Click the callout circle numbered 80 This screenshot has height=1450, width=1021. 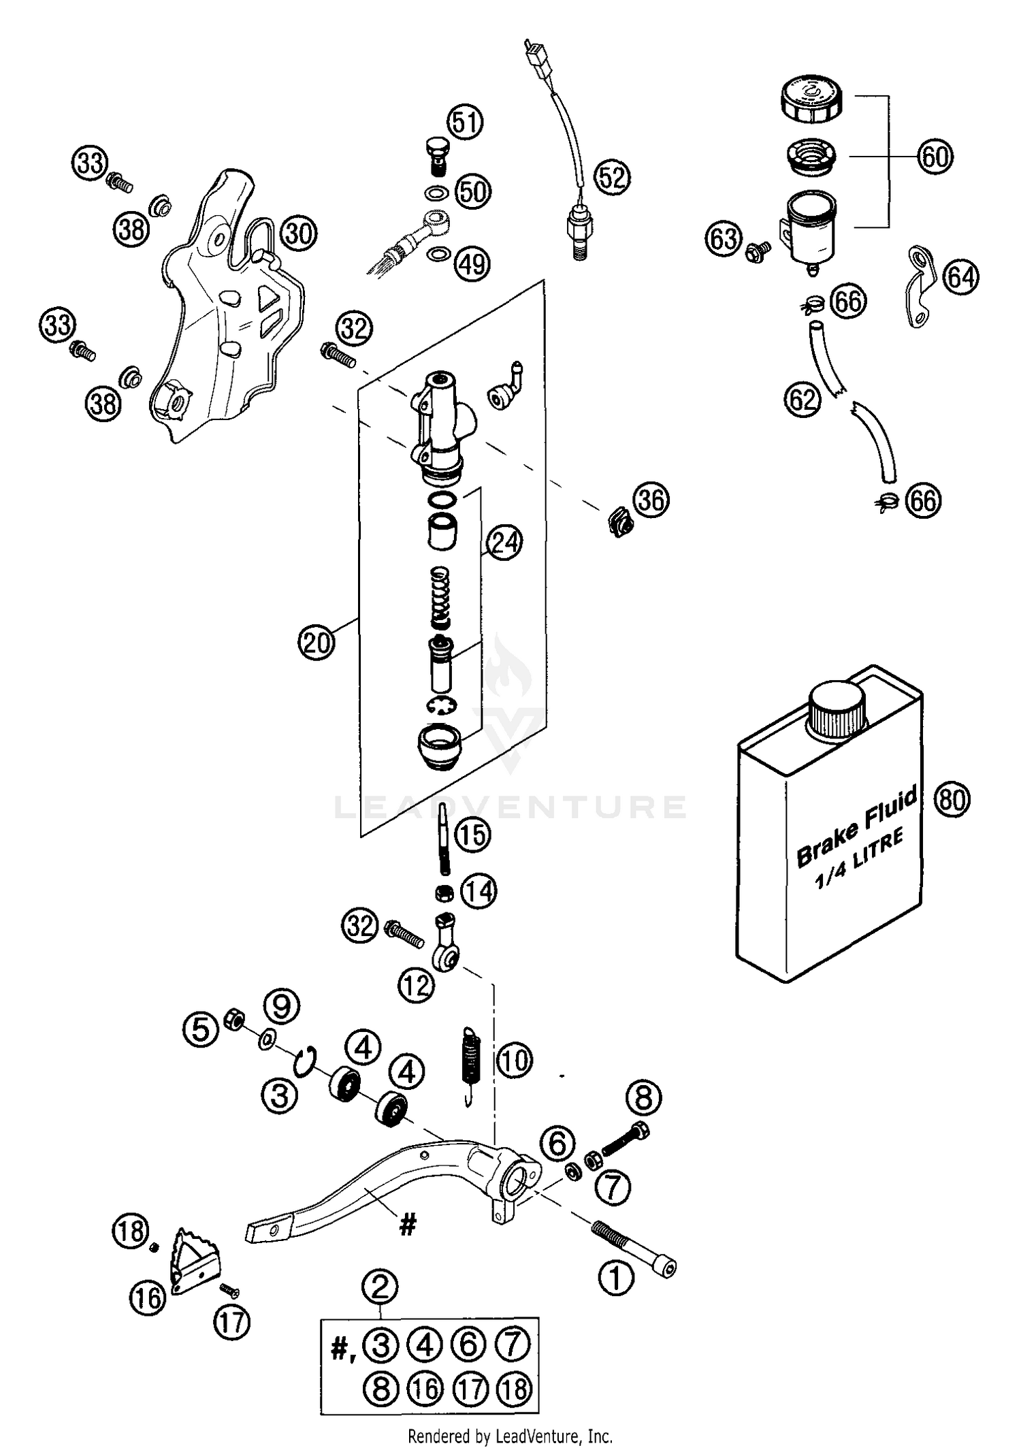(x=952, y=799)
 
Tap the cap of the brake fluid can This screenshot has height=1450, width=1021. (x=837, y=709)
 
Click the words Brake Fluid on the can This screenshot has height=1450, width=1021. (x=857, y=828)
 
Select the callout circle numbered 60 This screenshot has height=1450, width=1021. (x=935, y=157)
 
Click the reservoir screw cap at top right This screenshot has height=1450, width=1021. (x=811, y=101)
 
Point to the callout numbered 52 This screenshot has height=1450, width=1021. (x=612, y=177)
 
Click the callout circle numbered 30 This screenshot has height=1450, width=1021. (x=299, y=233)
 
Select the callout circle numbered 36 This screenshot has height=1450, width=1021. (x=651, y=500)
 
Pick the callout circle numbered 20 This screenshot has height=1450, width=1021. (x=317, y=642)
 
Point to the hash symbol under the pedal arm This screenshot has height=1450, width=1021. (x=407, y=1226)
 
